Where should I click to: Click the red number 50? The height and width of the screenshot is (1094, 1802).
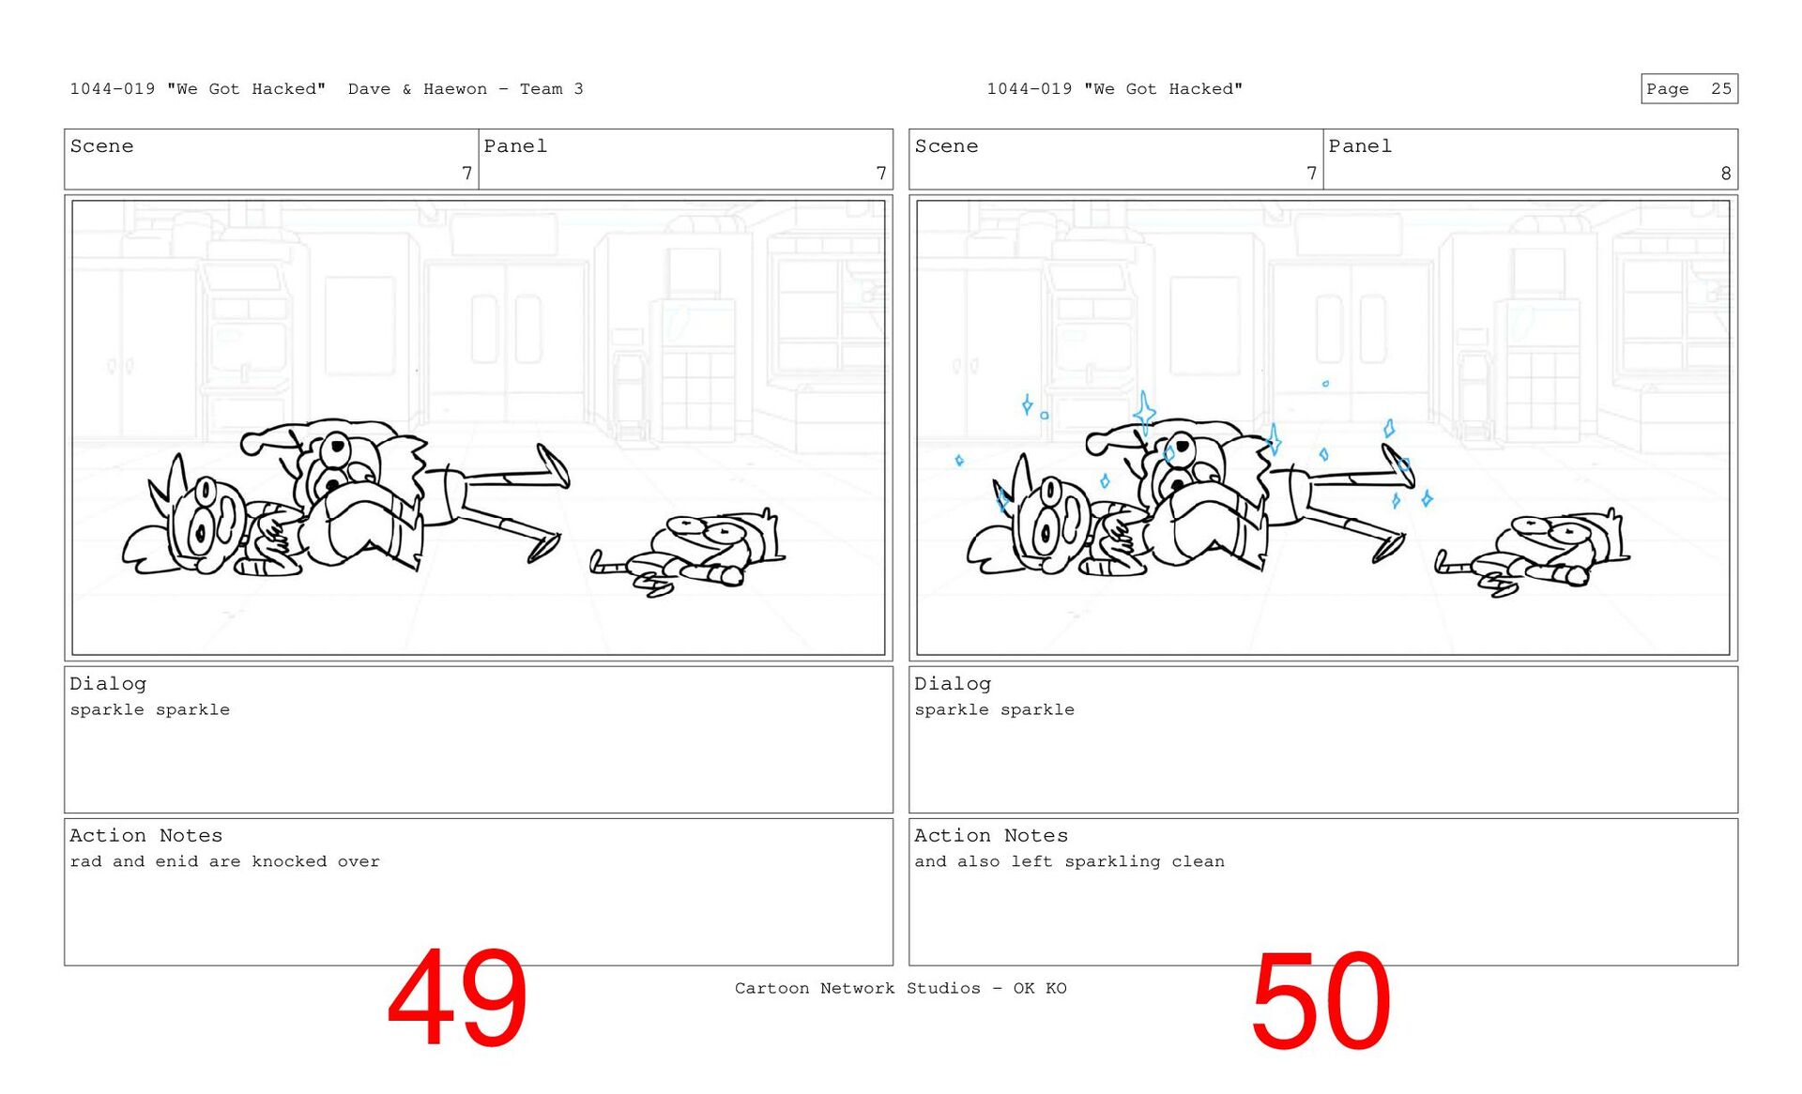1321,1000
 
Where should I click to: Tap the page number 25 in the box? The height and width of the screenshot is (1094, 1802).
1721,89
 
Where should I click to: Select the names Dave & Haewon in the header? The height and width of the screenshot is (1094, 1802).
418,89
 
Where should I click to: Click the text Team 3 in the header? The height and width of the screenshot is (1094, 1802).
552,89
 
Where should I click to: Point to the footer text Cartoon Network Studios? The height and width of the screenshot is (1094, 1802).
858,988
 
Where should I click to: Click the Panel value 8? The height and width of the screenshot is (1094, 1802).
1725,174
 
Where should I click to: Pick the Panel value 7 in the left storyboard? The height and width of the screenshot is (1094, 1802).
880,174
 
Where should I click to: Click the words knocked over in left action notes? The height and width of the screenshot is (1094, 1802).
315,861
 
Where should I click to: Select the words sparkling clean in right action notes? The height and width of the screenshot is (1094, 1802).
1145,861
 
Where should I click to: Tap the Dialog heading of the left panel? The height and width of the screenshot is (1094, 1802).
108,684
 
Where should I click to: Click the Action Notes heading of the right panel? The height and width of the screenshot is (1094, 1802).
991,835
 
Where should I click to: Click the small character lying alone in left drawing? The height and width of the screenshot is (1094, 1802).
688,554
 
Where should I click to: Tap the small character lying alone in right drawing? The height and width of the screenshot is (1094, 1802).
1533,554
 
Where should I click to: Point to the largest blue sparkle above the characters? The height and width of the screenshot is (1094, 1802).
1144,414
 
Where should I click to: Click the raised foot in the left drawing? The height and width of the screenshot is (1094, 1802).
554,465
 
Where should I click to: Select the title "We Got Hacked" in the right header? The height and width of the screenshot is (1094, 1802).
1163,89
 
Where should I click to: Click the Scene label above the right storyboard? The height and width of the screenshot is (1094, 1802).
946,146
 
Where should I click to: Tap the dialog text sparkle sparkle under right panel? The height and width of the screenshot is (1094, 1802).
995,710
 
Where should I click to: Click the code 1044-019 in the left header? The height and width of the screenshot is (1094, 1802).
113,89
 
